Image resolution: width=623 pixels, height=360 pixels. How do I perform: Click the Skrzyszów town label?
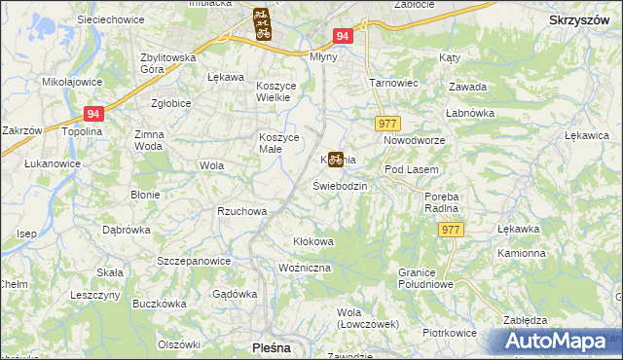pyautogui.click(x=579, y=20)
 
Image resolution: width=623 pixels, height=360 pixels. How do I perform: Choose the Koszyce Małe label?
pyautogui.click(x=277, y=143)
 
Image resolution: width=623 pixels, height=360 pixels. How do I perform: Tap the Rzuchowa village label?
pyautogui.click(x=242, y=210)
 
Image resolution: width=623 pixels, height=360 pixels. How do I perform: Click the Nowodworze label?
pyautogui.click(x=414, y=141)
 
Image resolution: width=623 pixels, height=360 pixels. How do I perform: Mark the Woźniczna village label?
pyautogui.click(x=306, y=267)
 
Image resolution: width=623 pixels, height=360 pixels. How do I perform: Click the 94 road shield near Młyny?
pyautogui.click(x=342, y=36)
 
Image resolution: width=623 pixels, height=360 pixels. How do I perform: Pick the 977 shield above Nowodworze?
pyautogui.click(x=387, y=124)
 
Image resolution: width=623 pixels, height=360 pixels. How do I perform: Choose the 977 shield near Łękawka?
pyautogui.click(x=450, y=229)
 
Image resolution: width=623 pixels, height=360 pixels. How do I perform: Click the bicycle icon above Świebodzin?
pyautogui.click(x=335, y=159)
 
